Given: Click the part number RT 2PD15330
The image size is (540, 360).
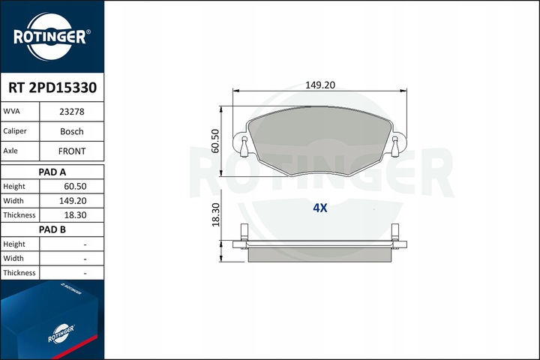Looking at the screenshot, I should click(52, 88).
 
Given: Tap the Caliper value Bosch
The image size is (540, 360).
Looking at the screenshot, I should click(72, 130).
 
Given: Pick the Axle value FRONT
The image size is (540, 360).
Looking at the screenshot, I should click(72, 151).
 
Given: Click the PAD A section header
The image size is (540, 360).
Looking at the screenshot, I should click(52, 172).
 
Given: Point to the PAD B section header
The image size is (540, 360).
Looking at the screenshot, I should click(52, 229).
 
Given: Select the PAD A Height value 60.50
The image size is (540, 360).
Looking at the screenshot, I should click(76, 186).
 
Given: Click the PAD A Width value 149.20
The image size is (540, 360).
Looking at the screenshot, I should click(74, 201).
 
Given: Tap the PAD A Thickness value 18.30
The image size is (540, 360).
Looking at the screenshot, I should click(76, 215).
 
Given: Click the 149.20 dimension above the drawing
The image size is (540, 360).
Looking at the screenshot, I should click(320, 85).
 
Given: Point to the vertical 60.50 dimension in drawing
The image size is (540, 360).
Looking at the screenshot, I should click(215, 140).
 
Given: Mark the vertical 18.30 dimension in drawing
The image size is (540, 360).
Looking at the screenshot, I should click(215, 215).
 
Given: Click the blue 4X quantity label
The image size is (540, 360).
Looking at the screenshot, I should click(320, 208).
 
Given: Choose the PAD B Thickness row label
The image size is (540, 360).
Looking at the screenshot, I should click(19, 273).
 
